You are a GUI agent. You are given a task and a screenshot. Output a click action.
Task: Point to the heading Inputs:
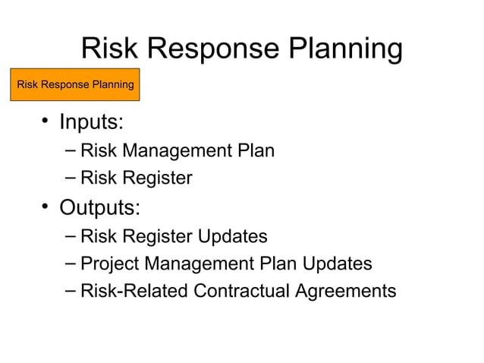(91, 122)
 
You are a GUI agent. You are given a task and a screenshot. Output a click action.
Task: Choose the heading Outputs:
(99, 207)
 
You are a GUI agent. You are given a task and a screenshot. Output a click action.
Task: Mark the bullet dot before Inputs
(46, 121)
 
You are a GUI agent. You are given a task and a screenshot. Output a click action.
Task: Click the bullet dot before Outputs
(46, 207)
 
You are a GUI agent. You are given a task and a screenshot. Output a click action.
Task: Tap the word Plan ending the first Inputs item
(256, 150)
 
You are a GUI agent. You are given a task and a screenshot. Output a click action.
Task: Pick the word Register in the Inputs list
(157, 178)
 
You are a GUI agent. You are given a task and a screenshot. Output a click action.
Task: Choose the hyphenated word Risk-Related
(134, 291)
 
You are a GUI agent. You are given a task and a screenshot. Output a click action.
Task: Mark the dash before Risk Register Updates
(71, 236)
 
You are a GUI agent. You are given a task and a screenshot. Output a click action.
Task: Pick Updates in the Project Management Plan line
(338, 264)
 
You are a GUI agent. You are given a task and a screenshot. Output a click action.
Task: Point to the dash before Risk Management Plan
(71, 150)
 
